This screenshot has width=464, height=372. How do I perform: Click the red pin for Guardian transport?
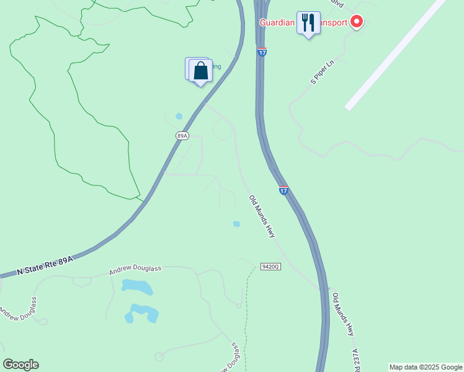click(x=357, y=22)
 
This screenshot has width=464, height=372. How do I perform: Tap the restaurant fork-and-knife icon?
click(x=308, y=24)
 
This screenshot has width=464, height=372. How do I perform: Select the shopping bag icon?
click(x=200, y=70)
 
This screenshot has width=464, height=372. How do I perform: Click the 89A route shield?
click(x=181, y=135)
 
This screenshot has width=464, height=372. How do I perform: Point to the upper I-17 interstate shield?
click(x=262, y=52)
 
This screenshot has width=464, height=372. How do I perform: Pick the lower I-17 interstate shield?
click(x=283, y=190)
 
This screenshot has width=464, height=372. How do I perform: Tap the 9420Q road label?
click(x=271, y=266)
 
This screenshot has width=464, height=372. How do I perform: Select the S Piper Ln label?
click(x=323, y=73)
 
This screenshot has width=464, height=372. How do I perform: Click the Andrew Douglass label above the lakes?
click(x=135, y=270)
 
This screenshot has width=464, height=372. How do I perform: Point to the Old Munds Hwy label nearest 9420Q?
click(x=262, y=216)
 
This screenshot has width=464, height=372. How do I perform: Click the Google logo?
click(x=20, y=365)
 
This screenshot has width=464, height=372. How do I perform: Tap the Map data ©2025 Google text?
click(x=426, y=367)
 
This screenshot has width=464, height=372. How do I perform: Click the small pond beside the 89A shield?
click(x=179, y=116)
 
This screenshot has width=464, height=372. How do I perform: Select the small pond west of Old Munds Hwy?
click(x=236, y=224)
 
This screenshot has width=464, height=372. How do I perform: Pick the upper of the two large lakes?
click(x=137, y=287)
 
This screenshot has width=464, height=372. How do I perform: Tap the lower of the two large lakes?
click(x=142, y=312)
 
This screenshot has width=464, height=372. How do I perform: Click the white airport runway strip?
click(x=395, y=55)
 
